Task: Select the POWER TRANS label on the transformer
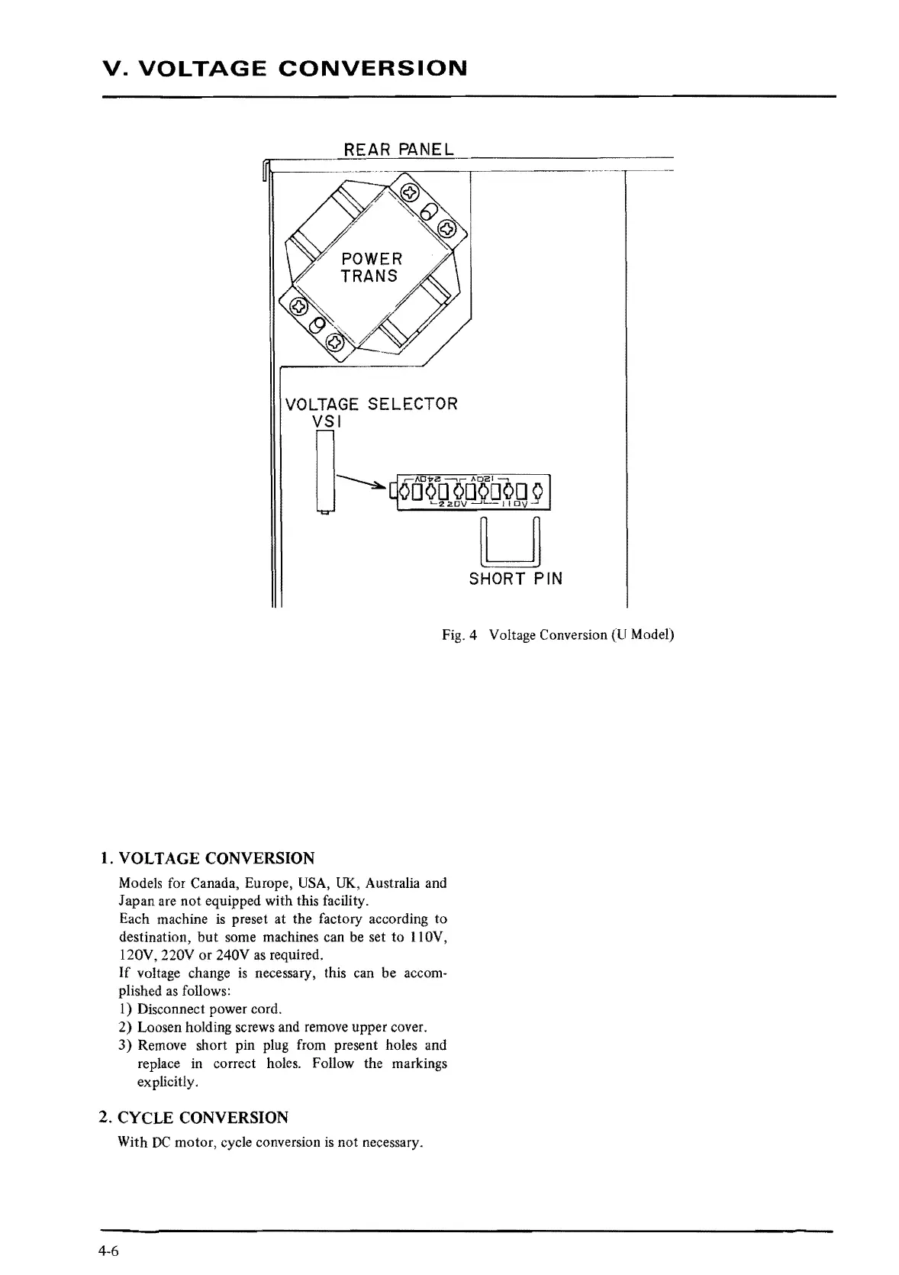[371, 267]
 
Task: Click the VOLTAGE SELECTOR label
[371, 404]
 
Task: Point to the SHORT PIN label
[516, 579]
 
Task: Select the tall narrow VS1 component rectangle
[325, 471]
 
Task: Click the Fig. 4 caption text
[558, 634]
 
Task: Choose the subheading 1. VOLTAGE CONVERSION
[207, 857]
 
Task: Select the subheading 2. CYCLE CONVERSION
[194, 1118]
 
